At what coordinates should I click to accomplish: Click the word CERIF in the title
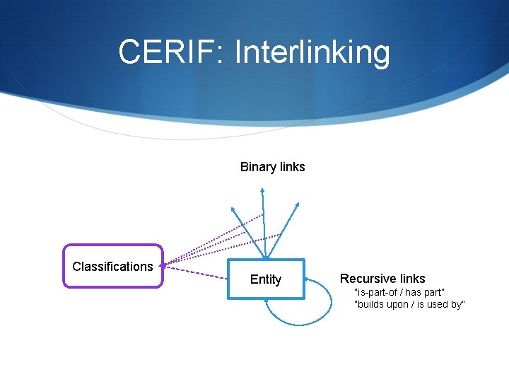(x=168, y=52)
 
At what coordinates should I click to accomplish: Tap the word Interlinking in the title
(x=312, y=52)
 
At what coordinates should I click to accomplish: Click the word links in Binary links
(x=292, y=167)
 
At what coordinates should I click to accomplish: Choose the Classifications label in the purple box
(x=112, y=267)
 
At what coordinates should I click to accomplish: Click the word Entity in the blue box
(x=266, y=279)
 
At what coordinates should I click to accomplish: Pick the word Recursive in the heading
(x=367, y=279)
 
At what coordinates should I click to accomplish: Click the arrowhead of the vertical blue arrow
(x=262, y=190)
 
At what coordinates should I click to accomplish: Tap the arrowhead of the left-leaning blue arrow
(x=233, y=209)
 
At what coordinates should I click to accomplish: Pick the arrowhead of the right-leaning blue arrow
(x=297, y=205)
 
